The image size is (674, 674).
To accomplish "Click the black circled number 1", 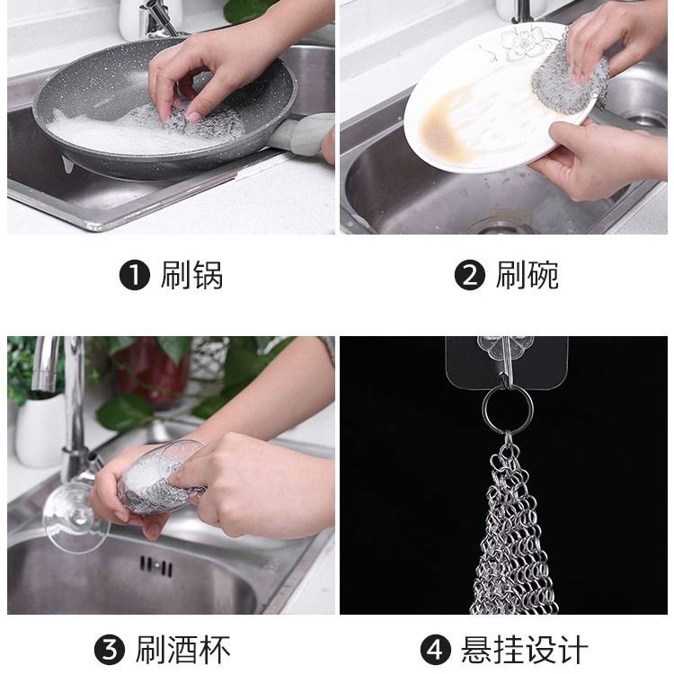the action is [135, 275].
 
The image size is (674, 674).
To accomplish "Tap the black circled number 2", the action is [470, 275].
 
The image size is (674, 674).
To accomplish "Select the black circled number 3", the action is [110, 650].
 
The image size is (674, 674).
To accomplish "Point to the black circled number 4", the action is [436, 650].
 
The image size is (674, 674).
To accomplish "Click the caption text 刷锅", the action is [191, 275].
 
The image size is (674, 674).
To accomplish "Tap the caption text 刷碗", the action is [528, 275].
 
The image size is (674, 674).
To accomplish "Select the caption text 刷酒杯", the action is [183, 650].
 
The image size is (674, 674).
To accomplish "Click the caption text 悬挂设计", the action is [525, 650].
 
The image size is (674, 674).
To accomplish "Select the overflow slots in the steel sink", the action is [156, 565].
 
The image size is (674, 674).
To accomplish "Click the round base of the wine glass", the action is [75, 518].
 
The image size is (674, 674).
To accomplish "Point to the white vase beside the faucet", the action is [40, 430].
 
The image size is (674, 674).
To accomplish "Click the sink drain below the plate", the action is [499, 225].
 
